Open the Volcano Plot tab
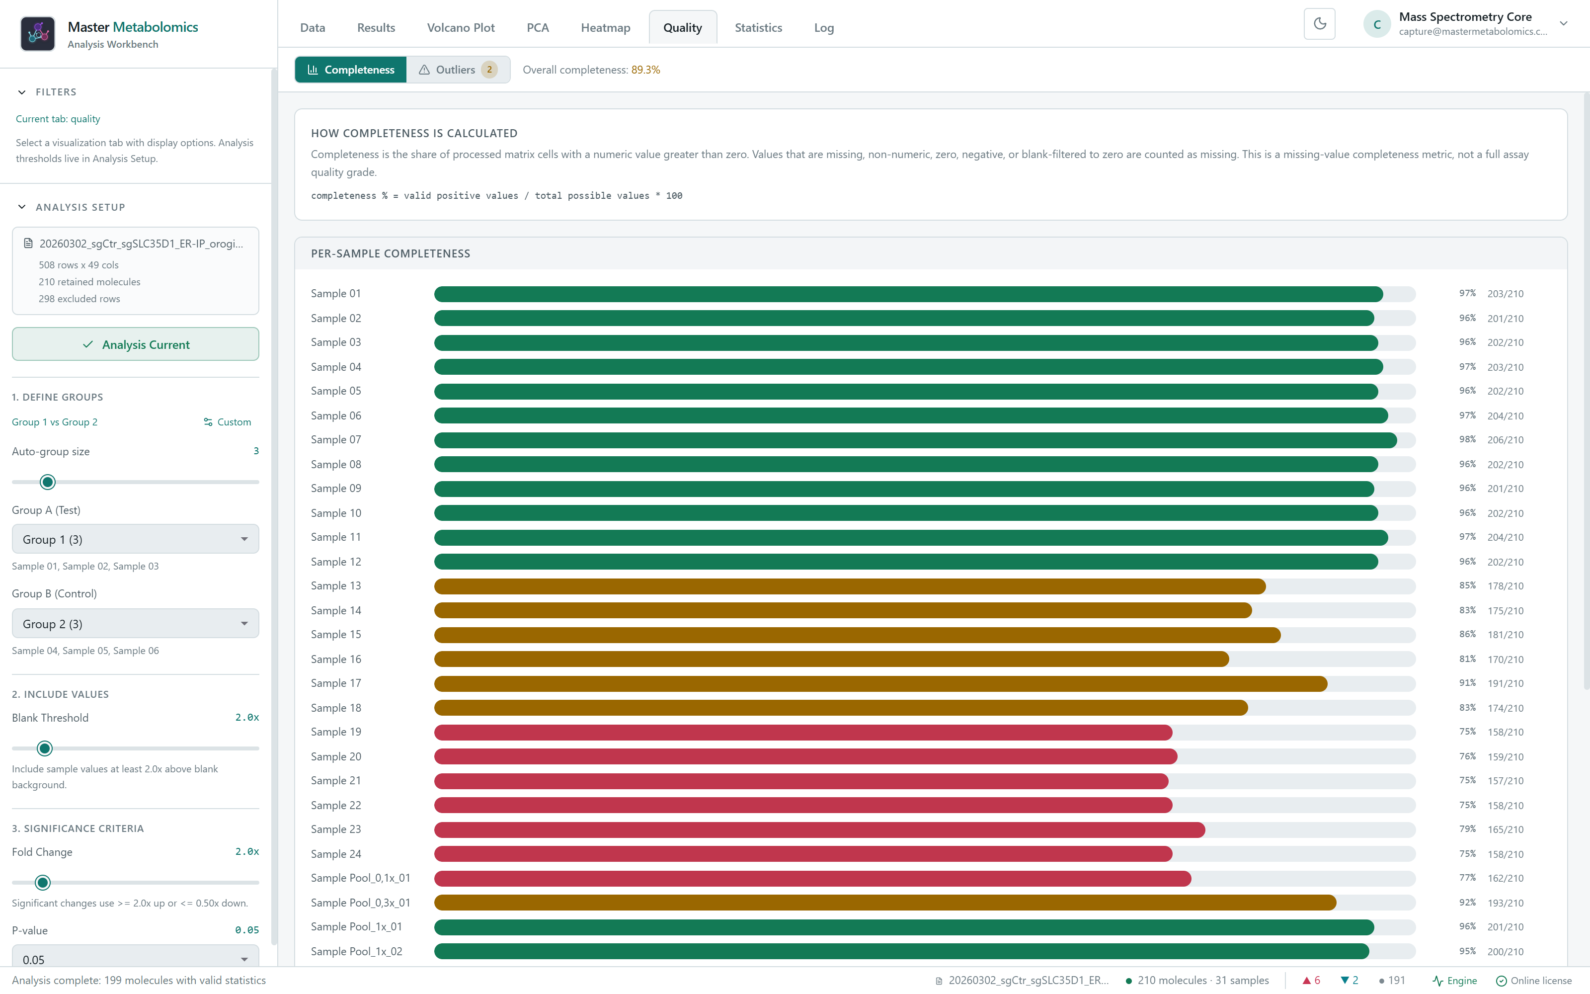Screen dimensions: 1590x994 pyautogui.click(x=461, y=28)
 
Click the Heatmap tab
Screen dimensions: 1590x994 pyautogui.click(x=605, y=28)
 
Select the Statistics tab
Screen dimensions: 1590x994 pyautogui.click(x=758, y=28)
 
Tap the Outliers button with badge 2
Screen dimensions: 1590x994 pyautogui.click(x=458, y=70)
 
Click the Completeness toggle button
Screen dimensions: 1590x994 pyautogui.click(x=351, y=70)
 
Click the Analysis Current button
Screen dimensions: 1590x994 pyautogui.click(x=135, y=344)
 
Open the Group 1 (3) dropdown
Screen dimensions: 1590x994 pyautogui.click(x=135, y=539)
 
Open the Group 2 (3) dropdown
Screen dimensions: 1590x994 pyautogui.click(x=135, y=623)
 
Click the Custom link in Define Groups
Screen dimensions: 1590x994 pyautogui.click(x=228, y=422)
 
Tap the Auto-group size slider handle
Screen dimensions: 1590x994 pyautogui.click(x=47, y=482)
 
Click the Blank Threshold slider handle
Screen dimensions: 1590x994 pyautogui.click(x=45, y=748)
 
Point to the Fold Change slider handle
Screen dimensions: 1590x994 pyautogui.click(x=43, y=882)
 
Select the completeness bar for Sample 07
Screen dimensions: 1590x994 pyautogui.click(x=915, y=440)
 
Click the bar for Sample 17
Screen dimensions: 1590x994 pyautogui.click(x=880, y=684)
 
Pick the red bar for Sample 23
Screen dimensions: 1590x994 pyautogui.click(x=819, y=829)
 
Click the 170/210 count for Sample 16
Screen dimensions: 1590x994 pyautogui.click(x=1505, y=660)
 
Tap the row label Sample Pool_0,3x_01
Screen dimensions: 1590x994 pyautogui.click(x=361, y=903)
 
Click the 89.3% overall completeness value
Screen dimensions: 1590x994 pyautogui.click(x=645, y=70)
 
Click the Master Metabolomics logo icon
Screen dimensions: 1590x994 pyautogui.click(x=37, y=33)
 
